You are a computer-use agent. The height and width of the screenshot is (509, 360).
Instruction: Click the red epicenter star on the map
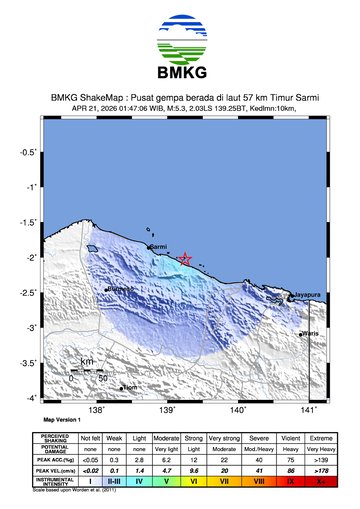coord(185,259)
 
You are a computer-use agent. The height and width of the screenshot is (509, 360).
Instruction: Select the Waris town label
coord(310,334)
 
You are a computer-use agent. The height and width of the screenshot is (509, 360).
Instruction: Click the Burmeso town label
coord(120,289)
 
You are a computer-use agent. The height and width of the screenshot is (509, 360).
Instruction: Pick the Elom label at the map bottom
coord(129,387)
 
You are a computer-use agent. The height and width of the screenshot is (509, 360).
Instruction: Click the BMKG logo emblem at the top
coord(180,39)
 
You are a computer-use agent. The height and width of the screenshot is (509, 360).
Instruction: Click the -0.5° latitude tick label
coord(31,152)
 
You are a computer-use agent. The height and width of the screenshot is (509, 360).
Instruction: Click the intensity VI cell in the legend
coord(193,481)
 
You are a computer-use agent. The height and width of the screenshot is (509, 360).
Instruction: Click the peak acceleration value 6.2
coord(167,459)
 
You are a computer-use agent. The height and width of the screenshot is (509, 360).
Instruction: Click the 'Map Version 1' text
coord(63,420)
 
